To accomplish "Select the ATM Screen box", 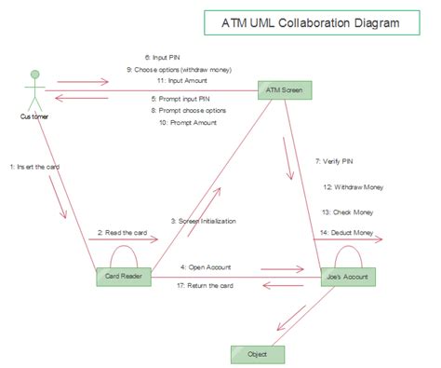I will tap(286, 90).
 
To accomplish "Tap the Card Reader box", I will tap(124, 277).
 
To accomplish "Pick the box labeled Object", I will tap(257, 354).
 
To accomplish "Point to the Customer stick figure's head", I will tap(36, 74).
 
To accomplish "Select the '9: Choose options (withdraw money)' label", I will tap(180, 70).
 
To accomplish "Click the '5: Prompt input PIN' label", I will tap(181, 98).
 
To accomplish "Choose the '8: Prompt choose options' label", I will tap(188, 110).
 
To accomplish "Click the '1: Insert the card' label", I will tap(34, 167).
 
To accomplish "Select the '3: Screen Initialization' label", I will tap(203, 221).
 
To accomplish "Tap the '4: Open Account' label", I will tap(207, 266).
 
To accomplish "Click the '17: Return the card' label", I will tap(206, 285).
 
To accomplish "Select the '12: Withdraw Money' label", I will tap(353, 186).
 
